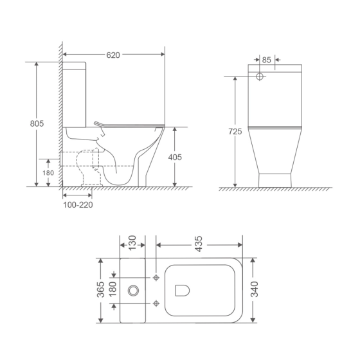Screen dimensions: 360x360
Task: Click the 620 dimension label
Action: [x=113, y=55]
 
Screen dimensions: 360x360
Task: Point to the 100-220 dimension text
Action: [x=77, y=204]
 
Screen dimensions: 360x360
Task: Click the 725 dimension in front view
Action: [x=235, y=132]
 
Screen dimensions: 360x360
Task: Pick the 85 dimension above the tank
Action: [x=266, y=60]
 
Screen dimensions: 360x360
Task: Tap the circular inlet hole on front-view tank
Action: [x=260, y=76]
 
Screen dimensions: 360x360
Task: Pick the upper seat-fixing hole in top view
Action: [x=156, y=277]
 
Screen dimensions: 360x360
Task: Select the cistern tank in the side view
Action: [x=76, y=96]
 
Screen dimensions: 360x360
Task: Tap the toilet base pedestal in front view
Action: [x=275, y=179]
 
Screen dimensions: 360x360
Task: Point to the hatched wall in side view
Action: [x=59, y=116]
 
